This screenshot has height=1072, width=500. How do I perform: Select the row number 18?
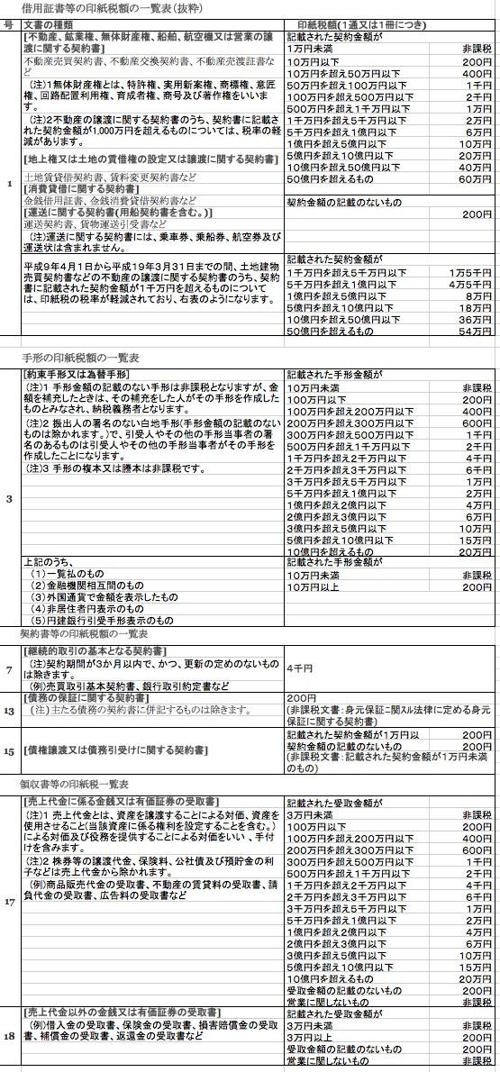click(9, 1038)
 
